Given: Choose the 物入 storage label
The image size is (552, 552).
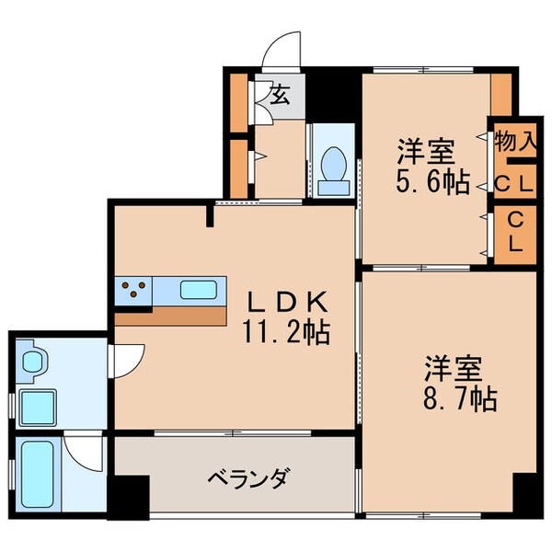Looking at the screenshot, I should pos(514,143).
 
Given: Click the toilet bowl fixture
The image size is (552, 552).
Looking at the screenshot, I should pos(332,167).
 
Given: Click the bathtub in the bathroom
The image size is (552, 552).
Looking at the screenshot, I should pos(36,473).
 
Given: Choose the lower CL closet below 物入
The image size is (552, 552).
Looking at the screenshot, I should pos(514,233).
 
